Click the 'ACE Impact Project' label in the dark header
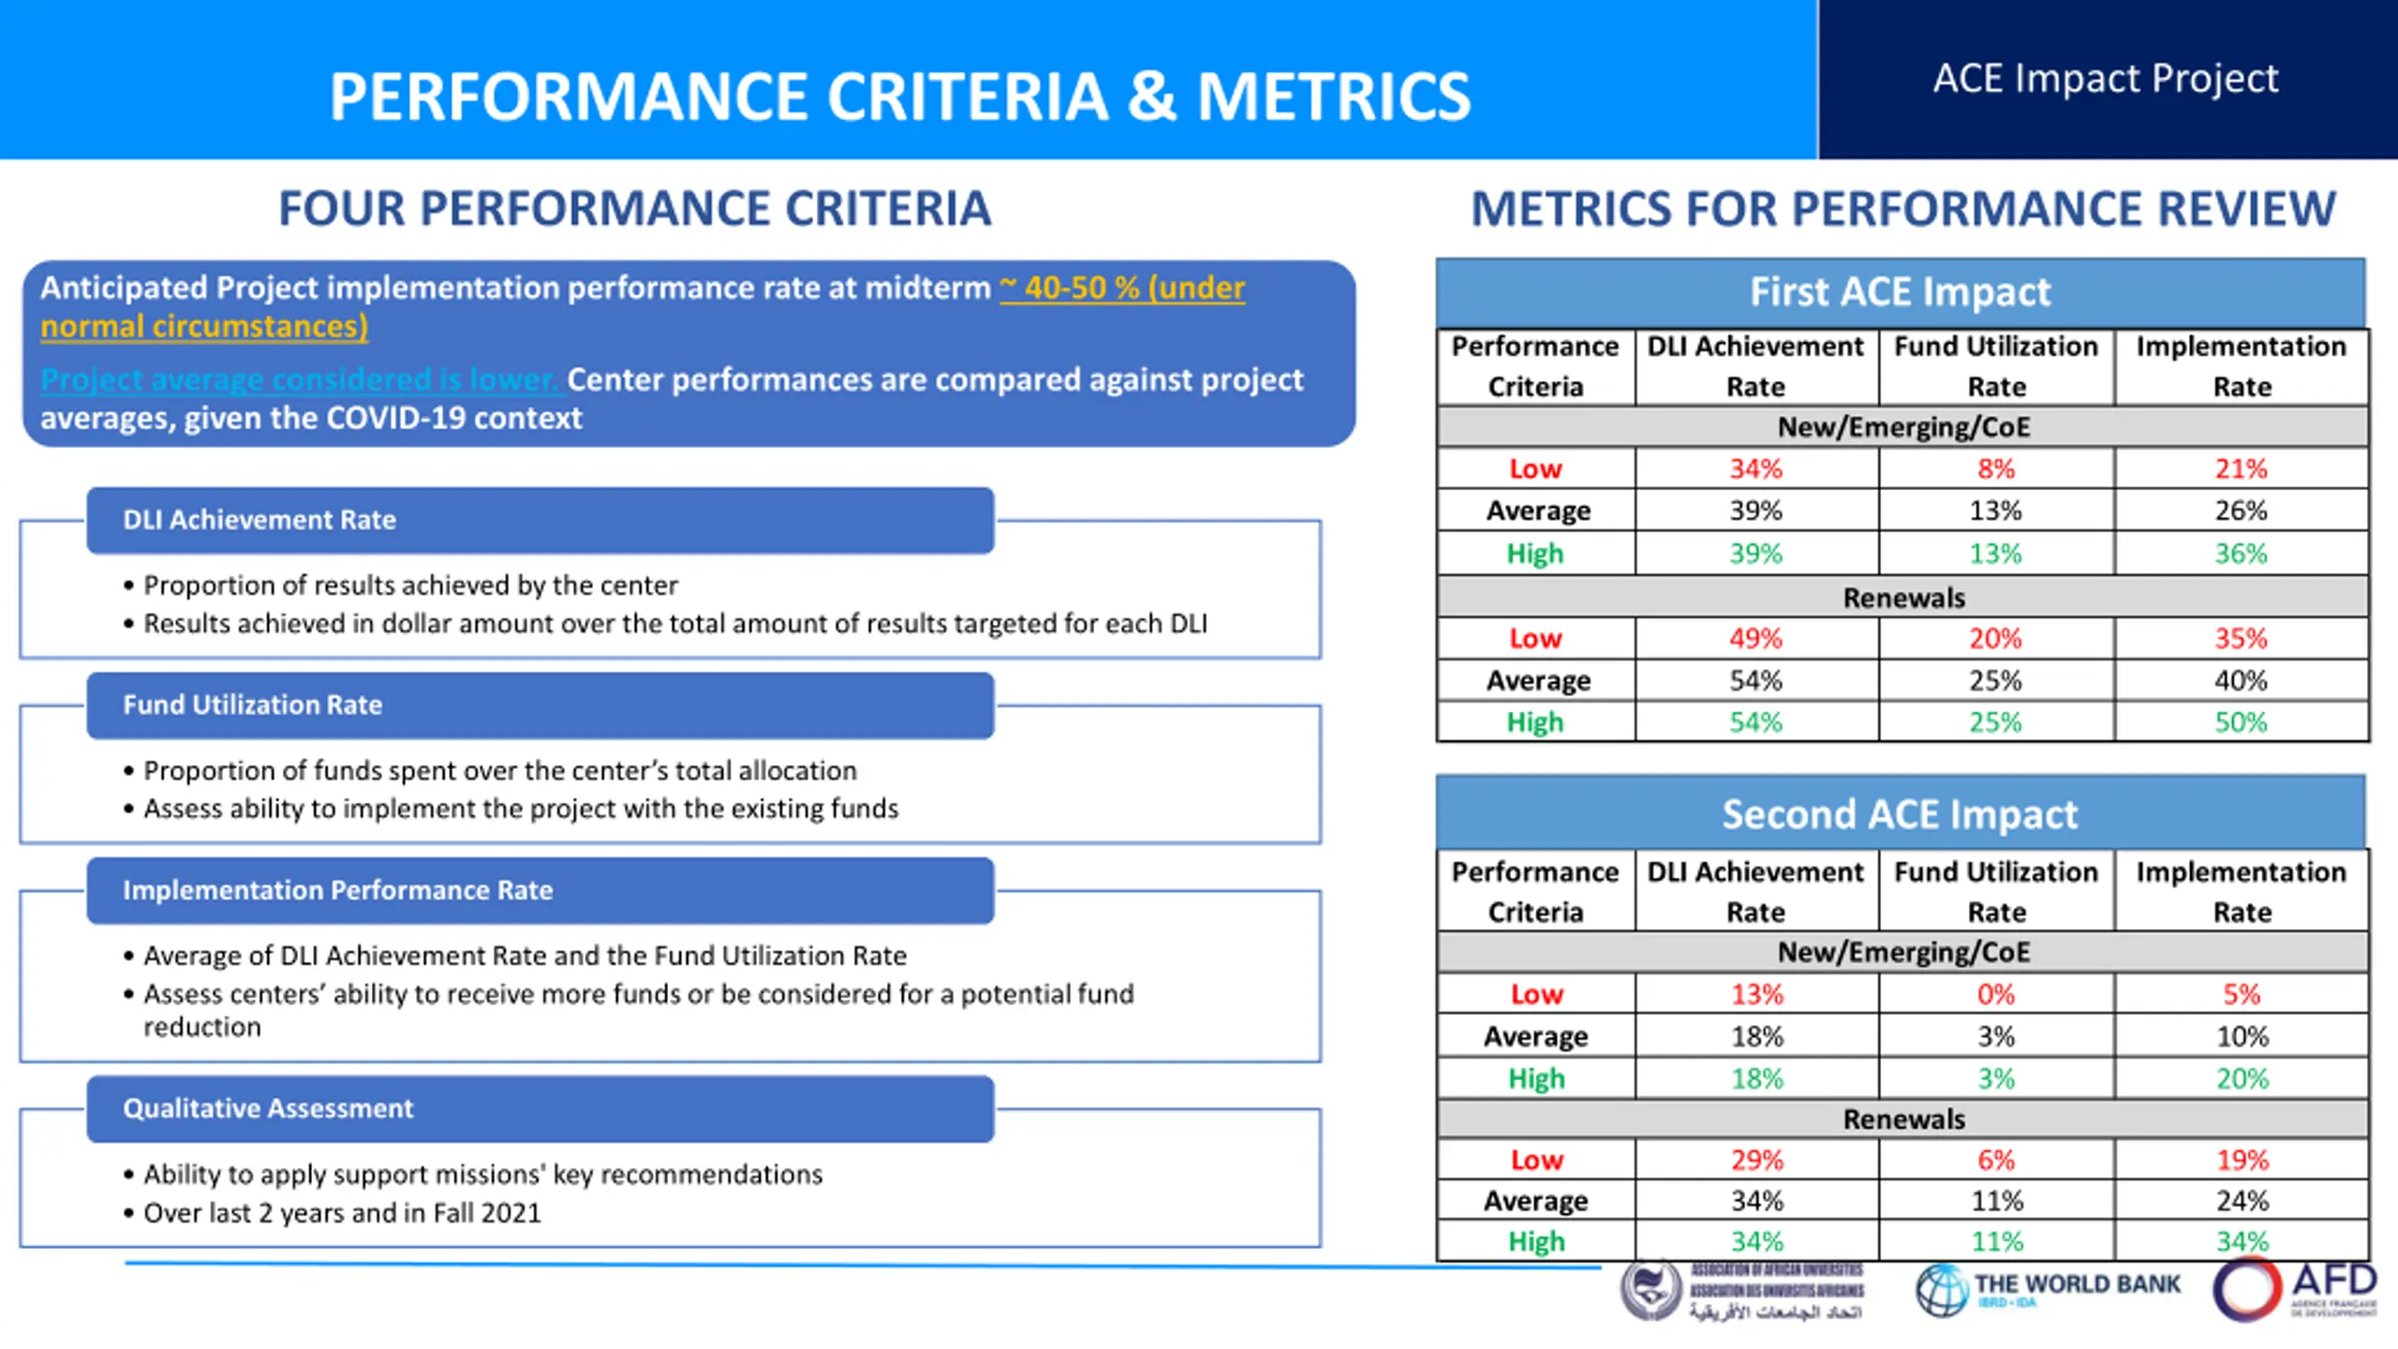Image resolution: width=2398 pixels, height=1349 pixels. (x=2105, y=79)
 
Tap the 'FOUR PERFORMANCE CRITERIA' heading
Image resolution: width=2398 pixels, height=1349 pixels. (x=634, y=208)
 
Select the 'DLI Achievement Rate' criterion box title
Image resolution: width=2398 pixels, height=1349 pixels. (x=259, y=520)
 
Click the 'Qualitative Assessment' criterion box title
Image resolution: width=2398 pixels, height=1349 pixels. (x=268, y=1108)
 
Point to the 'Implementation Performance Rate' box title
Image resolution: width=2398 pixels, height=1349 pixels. (x=337, y=890)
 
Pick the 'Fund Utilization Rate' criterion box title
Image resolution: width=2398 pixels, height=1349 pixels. (x=252, y=704)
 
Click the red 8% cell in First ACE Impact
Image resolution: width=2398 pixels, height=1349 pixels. (x=1995, y=468)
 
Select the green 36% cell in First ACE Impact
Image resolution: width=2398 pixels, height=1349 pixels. (x=2241, y=554)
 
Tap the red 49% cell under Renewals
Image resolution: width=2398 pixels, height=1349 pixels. (x=1755, y=639)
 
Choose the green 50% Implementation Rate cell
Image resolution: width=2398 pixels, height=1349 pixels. (x=2241, y=722)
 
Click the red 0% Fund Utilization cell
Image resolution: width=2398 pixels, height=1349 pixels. (x=1995, y=994)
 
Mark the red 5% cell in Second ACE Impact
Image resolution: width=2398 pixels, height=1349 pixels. (x=2241, y=994)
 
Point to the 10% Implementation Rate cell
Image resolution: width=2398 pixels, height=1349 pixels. (x=2241, y=1037)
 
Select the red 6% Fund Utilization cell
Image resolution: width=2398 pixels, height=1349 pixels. (x=1995, y=1160)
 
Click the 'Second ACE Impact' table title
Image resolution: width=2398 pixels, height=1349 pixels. (x=1900, y=814)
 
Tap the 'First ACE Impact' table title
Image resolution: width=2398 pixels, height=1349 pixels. (x=1900, y=291)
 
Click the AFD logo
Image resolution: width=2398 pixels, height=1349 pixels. (x=2295, y=1289)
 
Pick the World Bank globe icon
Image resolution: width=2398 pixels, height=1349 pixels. (x=1942, y=1290)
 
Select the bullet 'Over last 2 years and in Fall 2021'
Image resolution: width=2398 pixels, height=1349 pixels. (x=342, y=1213)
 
